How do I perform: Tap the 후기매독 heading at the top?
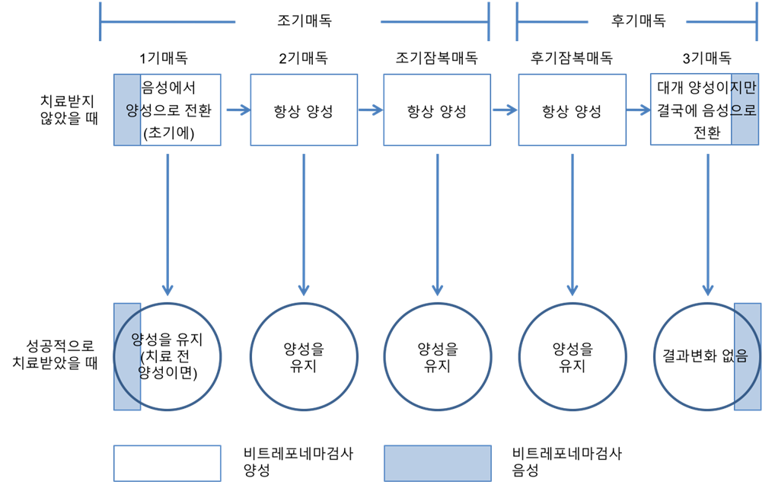638,21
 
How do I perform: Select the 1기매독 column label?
163,59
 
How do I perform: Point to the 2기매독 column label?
303,59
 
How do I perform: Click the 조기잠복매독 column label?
436,59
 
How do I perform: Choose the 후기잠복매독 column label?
571,59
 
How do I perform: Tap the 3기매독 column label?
707,59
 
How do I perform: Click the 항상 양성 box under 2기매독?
303,110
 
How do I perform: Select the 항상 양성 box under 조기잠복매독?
436,110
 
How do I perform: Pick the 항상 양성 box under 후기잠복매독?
571,110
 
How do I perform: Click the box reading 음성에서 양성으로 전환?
167,110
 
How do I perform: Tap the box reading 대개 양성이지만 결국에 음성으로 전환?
706,110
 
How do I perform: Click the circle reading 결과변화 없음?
706,355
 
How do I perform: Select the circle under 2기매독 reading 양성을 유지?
303,356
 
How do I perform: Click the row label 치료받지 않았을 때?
69,109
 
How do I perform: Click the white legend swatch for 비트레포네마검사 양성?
167,462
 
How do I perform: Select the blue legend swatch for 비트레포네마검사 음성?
437,462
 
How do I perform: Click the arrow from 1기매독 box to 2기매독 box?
237,110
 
